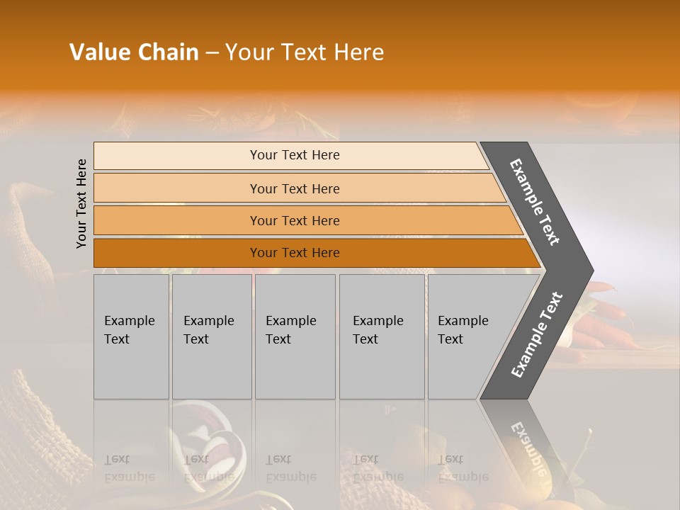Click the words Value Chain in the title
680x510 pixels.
[134, 52]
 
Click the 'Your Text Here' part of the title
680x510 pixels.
[305, 52]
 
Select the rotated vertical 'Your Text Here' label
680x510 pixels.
[81, 203]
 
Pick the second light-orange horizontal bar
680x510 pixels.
[295, 188]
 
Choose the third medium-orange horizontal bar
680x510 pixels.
[295, 220]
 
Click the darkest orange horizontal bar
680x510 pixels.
[295, 253]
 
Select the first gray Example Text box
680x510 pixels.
[131, 336]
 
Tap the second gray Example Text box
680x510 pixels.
[211, 336]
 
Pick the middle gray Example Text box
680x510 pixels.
[295, 336]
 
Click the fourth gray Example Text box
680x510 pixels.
[382, 336]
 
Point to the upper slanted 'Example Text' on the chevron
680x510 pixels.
[535, 203]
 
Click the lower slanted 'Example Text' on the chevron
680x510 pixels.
[537, 335]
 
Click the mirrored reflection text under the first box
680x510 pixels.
[129, 468]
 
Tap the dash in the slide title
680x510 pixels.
[212, 53]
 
